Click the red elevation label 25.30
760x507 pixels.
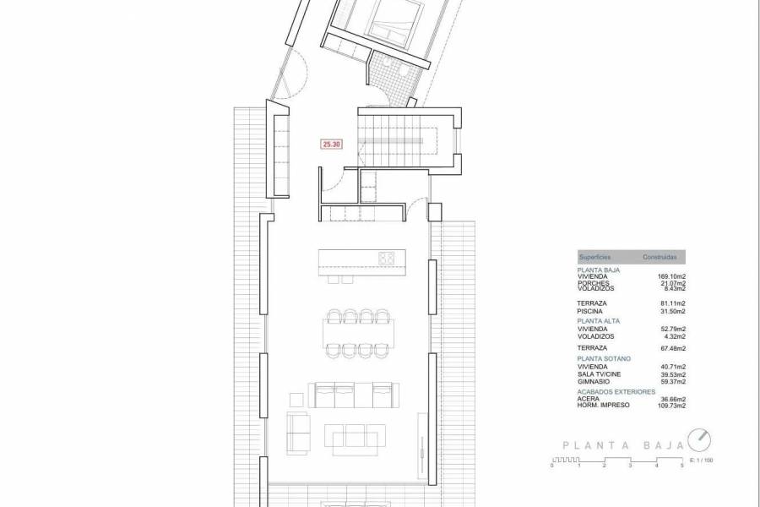[332, 144]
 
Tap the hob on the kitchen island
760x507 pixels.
[388, 258]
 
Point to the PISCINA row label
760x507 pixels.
[591, 310]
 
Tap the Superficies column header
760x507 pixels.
[594, 256]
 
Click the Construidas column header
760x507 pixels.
[660, 256]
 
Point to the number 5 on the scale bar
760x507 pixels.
[682, 466]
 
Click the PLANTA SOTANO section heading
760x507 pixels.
[603, 359]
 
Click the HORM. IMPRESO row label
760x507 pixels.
[602, 405]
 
